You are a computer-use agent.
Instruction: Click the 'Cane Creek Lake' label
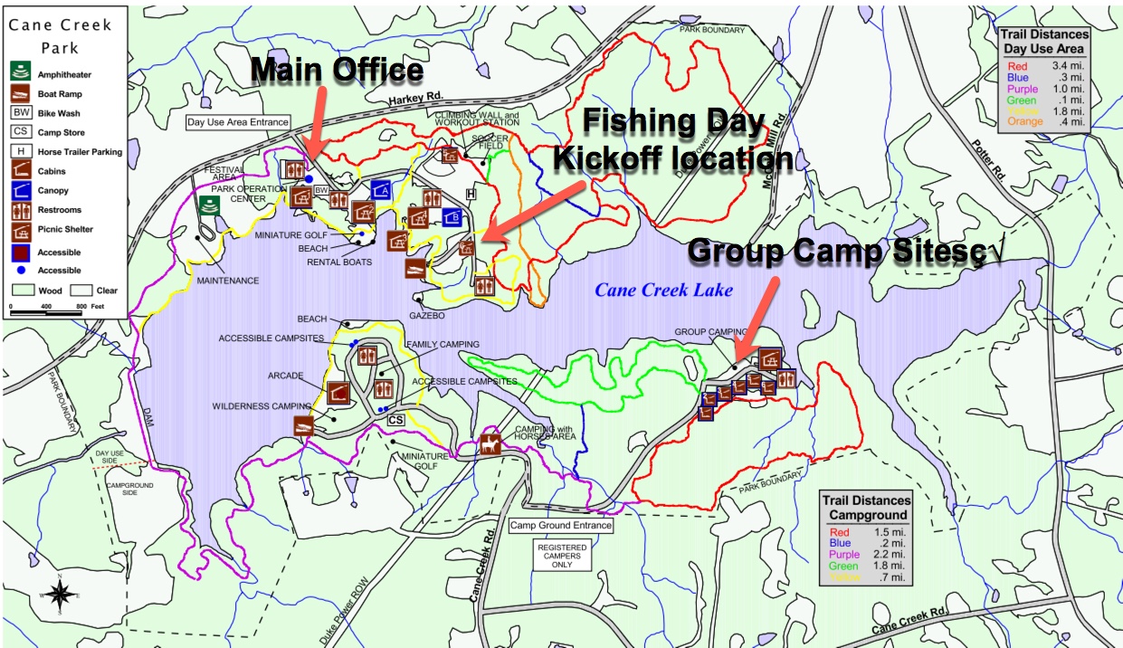pyautogui.click(x=663, y=291)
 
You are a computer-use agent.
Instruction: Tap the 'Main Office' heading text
pyautogui.click(x=337, y=70)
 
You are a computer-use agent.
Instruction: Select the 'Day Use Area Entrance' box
pyautogui.click(x=238, y=122)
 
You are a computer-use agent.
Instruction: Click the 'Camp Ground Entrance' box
pyautogui.click(x=561, y=525)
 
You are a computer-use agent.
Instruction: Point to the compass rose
pyautogui.click(x=60, y=594)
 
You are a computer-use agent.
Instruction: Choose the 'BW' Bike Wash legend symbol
pyautogui.click(x=20, y=113)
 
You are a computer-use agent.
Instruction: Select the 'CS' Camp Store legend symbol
pyautogui.click(x=20, y=132)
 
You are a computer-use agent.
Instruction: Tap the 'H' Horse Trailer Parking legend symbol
pyautogui.click(x=20, y=151)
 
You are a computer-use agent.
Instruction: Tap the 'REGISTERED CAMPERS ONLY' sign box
pyautogui.click(x=562, y=555)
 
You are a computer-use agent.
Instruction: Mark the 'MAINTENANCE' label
pyautogui.click(x=228, y=281)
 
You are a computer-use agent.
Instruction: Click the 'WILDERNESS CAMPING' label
pyautogui.click(x=261, y=406)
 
